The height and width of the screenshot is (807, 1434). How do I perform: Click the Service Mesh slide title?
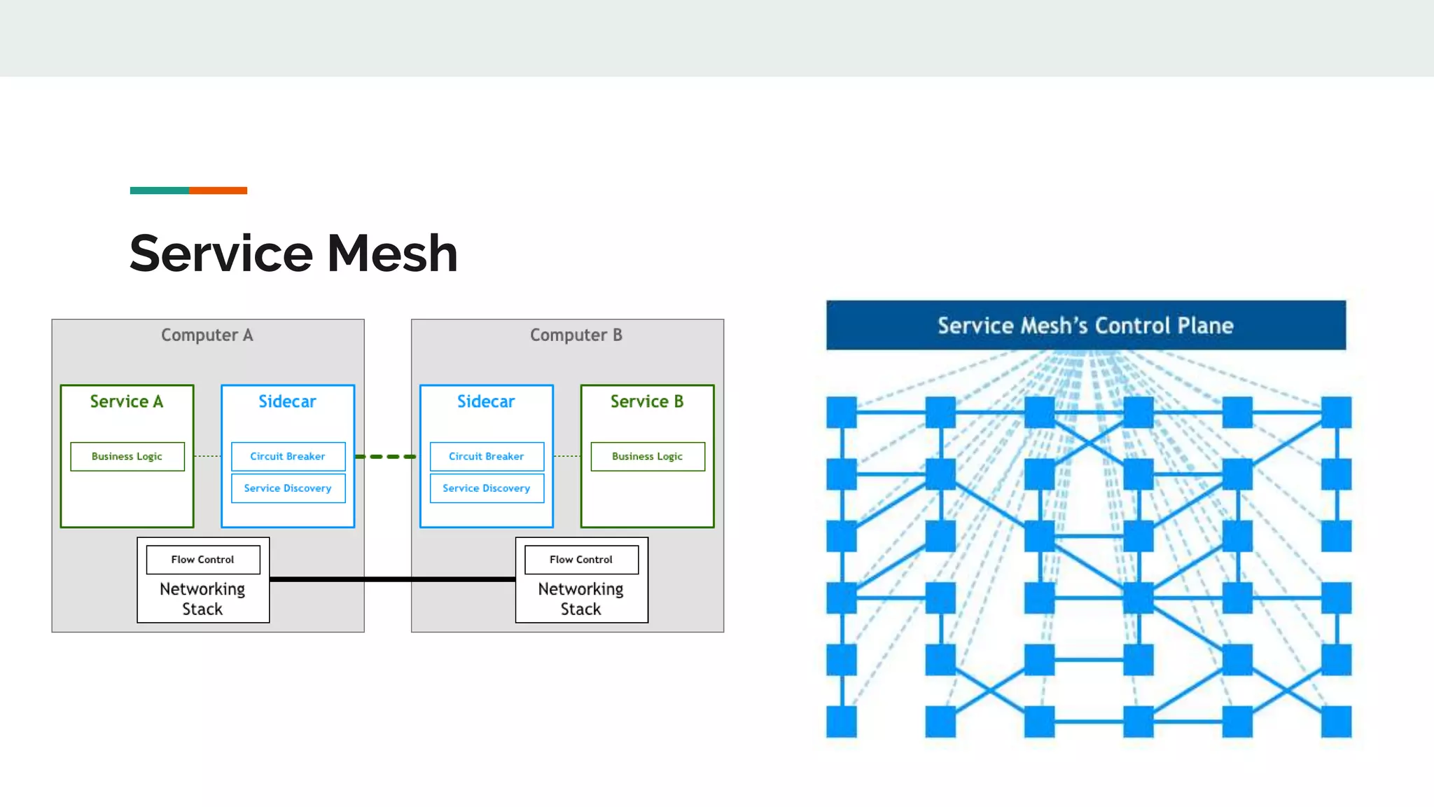tap(293, 253)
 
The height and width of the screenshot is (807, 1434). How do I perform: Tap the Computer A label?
tap(207, 335)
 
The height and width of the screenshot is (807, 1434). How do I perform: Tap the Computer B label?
tap(576, 335)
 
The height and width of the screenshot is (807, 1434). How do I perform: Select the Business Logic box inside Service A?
tap(127, 456)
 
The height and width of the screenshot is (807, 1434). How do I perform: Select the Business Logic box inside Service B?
tap(647, 456)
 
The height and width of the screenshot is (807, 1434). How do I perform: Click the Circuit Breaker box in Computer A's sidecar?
tap(288, 456)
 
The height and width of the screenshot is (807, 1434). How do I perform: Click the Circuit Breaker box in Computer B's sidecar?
tap(487, 456)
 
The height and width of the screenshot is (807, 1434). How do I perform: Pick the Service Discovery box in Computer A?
tap(288, 488)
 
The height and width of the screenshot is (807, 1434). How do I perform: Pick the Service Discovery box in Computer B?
tap(487, 488)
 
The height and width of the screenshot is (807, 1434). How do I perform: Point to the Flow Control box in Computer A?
tap(202, 560)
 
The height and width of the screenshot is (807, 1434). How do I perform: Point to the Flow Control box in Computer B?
tap(581, 560)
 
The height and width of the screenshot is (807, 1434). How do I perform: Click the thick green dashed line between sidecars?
tap(386, 457)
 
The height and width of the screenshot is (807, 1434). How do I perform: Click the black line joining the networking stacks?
tap(392, 579)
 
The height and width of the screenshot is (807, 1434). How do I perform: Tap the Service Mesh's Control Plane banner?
tap(1085, 325)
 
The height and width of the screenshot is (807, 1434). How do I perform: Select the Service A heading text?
tap(127, 401)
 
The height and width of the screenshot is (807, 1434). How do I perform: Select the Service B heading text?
tap(647, 401)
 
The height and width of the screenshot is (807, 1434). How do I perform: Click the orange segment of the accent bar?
tap(218, 191)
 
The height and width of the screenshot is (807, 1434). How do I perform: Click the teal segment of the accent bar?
tap(159, 191)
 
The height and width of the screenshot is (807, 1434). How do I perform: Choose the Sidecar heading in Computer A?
tap(287, 401)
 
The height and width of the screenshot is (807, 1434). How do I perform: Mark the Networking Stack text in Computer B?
tap(581, 599)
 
